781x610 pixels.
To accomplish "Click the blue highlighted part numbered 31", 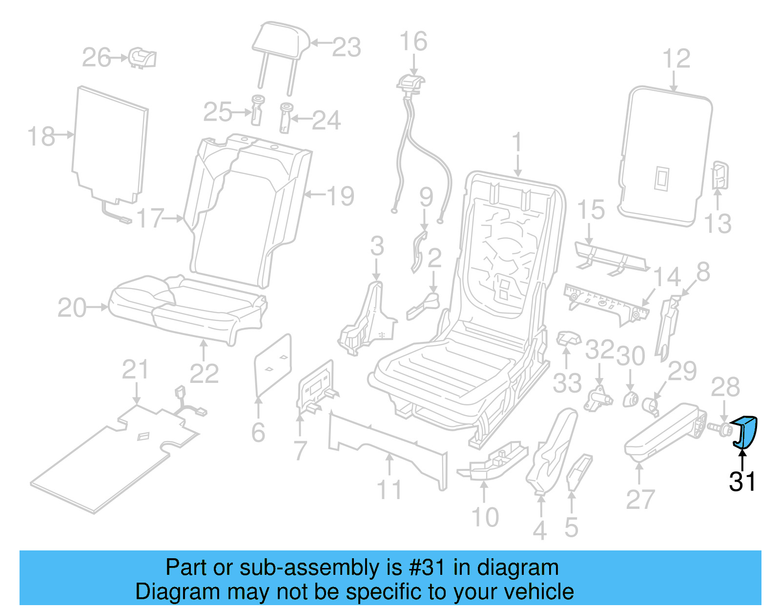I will [x=745, y=432].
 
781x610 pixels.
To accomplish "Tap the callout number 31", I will [x=742, y=482].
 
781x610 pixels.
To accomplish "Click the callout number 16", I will [x=413, y=42].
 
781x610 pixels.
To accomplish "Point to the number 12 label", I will [x=676, y=59].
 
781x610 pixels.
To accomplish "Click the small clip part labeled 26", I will [x=143, y=58].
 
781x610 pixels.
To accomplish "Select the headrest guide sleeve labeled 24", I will [x=286, y=117].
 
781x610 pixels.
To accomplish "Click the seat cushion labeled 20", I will [x=185, y=308].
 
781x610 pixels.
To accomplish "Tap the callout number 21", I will [x=135, y=370].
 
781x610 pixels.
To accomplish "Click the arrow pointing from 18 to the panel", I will [x=64, y=134].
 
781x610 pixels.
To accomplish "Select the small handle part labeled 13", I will [x=720, y=175].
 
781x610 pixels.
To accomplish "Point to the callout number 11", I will [x=389, y=490].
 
